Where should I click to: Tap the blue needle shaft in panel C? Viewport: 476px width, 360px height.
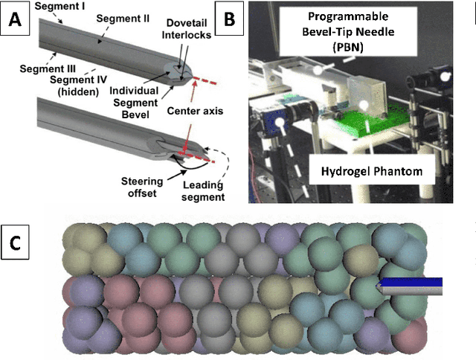point(413,282)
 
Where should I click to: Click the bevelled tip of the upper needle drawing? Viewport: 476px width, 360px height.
point(176,74)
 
